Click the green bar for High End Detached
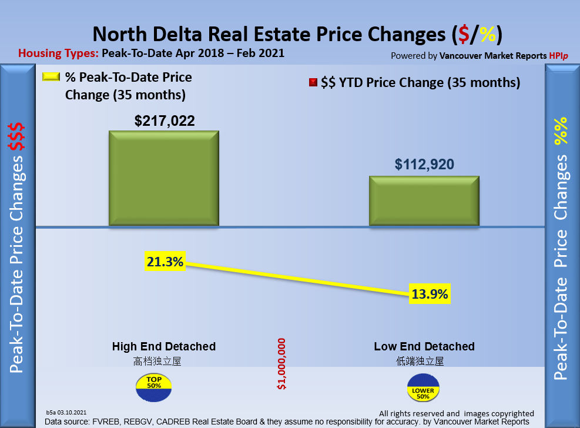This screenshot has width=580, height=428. [164, 178]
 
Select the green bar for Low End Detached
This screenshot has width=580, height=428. [424, 200]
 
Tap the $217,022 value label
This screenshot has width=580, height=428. [165, 121]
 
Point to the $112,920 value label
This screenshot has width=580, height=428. [424, 165]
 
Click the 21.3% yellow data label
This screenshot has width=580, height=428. [165, 262]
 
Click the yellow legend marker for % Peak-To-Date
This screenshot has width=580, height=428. [51, 77]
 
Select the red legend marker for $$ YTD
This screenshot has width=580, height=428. [313, 82]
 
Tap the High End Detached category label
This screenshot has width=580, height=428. [164, 346]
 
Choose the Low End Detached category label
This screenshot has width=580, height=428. [424, 346]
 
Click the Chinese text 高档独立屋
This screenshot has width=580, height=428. [157, 361]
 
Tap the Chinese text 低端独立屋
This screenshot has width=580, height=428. [420, 361]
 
